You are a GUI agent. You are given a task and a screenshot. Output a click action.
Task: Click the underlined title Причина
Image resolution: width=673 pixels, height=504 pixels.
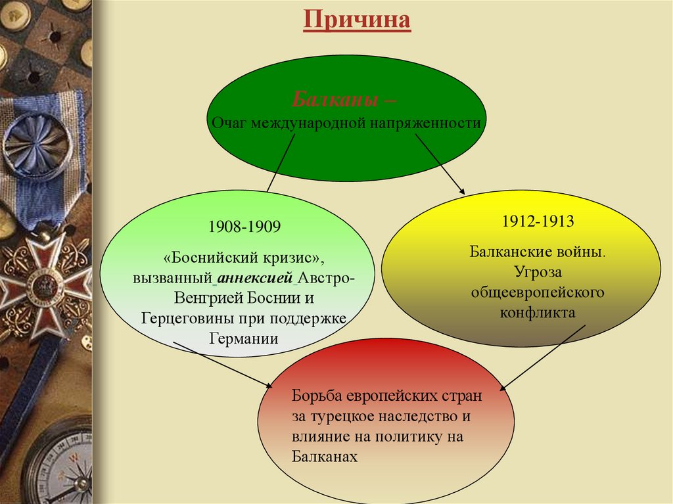[357, 20]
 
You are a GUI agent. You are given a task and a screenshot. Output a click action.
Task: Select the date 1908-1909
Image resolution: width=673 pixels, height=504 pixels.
[244, 227]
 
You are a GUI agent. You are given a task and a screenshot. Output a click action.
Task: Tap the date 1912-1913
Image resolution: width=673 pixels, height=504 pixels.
[538, 221]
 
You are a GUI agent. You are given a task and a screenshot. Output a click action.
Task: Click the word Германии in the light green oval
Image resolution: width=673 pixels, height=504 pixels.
[244, 338]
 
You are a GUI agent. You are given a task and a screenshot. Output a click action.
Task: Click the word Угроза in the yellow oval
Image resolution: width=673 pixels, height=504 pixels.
[538, 271]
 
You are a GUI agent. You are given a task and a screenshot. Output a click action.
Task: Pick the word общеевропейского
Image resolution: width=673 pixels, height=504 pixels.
[538, 291]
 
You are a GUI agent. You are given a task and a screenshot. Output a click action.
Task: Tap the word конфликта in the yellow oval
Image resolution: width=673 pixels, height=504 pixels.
[538, 312]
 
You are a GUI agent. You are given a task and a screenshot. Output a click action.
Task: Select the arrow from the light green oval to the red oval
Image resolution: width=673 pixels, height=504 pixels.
[223, 365]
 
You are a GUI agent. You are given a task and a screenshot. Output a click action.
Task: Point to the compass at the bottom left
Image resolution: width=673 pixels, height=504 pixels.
[62, 467]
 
